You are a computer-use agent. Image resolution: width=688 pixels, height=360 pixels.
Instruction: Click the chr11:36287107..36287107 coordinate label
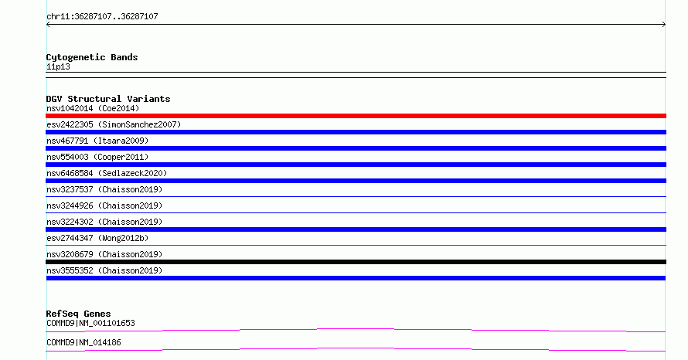point(102,16)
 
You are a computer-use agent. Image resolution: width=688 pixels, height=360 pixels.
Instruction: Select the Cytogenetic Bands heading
point(92,57)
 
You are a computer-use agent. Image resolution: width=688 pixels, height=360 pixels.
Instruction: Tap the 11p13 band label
point(58,66)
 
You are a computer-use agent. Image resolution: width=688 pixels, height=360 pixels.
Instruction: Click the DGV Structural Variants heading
point(108,99)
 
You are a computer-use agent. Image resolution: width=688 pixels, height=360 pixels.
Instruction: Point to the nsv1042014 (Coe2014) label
point(93,108)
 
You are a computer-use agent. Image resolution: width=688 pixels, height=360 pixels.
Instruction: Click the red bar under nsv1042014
point(356,116)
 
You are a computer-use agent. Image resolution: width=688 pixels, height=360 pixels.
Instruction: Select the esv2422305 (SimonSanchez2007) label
point(114,124)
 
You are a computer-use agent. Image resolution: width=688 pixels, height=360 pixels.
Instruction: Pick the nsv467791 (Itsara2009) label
point(97,141)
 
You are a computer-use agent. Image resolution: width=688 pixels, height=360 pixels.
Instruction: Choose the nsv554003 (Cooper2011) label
point(97,157)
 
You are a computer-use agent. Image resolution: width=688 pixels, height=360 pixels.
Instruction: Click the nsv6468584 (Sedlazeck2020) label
point(107,173)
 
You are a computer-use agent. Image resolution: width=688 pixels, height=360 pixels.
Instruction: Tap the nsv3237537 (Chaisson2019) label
point(104,189)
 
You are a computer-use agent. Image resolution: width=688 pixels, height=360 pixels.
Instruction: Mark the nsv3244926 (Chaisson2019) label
point(104,205)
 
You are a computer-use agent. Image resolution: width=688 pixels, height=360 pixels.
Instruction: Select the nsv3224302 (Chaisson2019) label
point(104,222)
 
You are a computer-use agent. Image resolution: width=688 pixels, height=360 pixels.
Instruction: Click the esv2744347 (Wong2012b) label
point(97,238)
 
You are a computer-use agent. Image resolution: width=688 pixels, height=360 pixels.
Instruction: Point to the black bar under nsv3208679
point(356,262)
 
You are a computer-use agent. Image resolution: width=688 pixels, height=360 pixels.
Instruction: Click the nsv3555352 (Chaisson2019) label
point(104,270)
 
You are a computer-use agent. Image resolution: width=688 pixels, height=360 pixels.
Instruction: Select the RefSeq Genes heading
point(78,314)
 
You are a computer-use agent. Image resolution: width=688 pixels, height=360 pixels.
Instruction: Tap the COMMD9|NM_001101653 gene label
point(90,323)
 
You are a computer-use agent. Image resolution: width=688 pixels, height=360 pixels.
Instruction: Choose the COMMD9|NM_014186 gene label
point(83,342)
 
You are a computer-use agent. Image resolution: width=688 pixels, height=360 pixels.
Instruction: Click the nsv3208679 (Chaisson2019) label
point(104,254)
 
